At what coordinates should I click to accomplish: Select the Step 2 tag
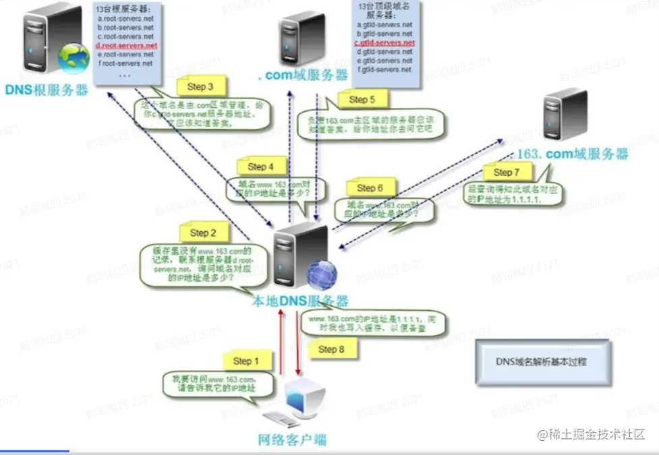click(x=203, y=233)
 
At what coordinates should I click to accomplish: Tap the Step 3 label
click(x=200, y=86)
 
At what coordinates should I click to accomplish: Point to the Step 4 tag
click(x=260, y=166)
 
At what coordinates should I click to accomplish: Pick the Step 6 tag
click(x=370, y=187)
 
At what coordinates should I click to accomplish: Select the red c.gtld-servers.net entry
click(x=384, y=42)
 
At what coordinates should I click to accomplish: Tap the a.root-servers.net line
click(x=125, y=19)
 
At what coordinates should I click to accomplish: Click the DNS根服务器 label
click(x=47, y=90)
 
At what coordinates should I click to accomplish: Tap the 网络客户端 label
click(x=293, y=441)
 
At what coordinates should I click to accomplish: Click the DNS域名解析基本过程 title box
click(x=542, y=361)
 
